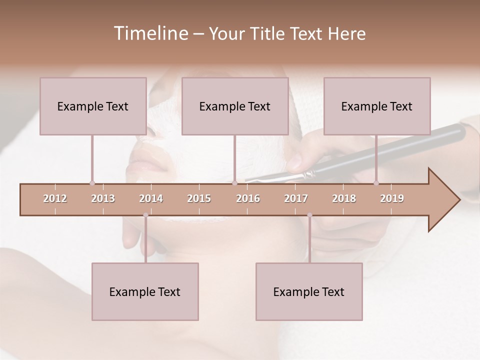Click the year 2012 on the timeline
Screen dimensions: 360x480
tap(55, 198)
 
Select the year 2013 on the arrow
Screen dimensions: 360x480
tap(103, 198)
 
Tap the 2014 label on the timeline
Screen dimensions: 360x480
tap(151, 198)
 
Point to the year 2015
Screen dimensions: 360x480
tap(199, 198)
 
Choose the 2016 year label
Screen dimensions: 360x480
tap(248, 198)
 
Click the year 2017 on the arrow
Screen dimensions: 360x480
tap(296, 198)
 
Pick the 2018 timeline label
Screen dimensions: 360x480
tap(344, 198)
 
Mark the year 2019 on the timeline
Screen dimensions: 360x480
tap(392, 198)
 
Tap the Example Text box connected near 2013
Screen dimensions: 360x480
tap(93, 106)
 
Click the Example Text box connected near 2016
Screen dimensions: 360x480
tap(235, 106)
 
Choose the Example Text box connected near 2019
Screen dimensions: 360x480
tap(377, 106)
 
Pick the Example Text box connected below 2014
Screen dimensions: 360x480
tap(145, 291)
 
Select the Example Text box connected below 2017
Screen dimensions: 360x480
tap(309, 291)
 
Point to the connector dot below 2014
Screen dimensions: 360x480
tap(145, 215)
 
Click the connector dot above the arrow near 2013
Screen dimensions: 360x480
tap(92, 183)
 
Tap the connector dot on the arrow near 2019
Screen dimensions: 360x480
tap(376, 183)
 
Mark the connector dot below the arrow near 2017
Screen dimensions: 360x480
tap(309, 215)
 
